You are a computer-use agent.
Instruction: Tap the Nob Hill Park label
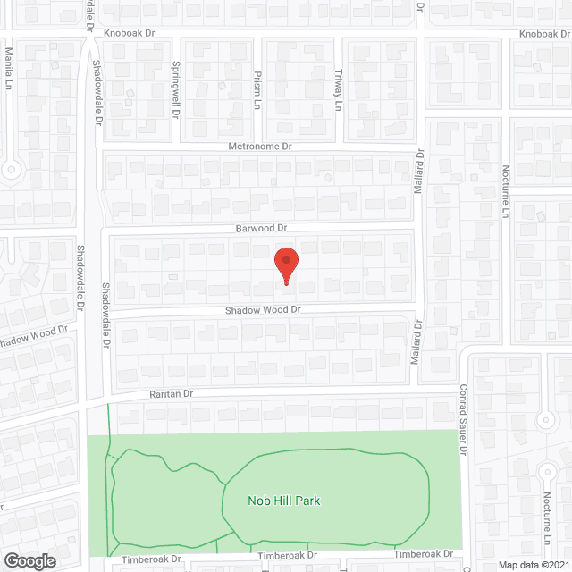pos(284,500)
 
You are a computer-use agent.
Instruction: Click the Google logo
pos(29,561)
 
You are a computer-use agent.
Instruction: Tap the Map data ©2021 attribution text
pos(534,565)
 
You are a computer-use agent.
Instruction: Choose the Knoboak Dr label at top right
pos(546,34)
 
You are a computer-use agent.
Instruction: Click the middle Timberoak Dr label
pos(287,556)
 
